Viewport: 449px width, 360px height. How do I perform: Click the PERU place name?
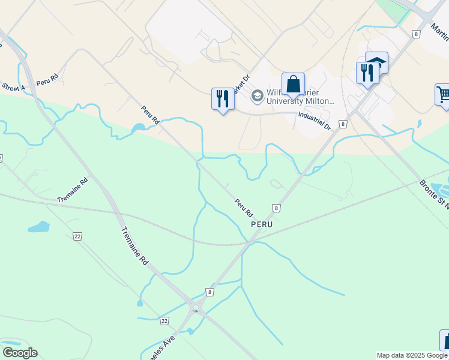(262, 224)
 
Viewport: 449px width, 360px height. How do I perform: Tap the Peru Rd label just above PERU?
(244, 208)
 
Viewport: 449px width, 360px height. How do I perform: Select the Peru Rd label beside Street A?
(46, 80)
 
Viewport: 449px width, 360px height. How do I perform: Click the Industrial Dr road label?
(315, 122)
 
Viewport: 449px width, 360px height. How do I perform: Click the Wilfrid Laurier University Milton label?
(301, 97)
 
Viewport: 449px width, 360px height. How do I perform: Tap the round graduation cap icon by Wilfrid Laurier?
(258, 96)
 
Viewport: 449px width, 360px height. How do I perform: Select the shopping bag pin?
(293, 85)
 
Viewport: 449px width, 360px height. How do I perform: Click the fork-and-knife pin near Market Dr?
(223, 98)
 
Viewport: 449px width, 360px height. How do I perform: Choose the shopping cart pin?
(444, 94)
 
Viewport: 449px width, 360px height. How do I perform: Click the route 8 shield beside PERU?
(276, 208)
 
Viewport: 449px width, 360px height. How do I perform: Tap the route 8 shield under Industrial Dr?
(342, 124)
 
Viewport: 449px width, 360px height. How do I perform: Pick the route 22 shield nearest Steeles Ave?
(164, 321)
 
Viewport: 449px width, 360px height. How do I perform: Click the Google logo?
(20, 352)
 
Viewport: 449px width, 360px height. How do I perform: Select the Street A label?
(13, 88)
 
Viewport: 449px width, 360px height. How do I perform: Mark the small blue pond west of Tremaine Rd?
(38, 227)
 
